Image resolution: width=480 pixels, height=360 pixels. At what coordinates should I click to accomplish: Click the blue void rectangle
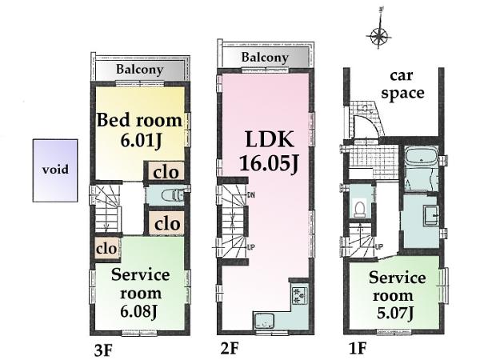[55, 170]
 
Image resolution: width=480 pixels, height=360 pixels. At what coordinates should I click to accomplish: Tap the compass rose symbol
[377, 36]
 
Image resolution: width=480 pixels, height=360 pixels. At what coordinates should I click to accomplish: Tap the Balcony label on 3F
[140, 70]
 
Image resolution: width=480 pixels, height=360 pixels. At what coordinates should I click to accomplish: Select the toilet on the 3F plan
[170, 195]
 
